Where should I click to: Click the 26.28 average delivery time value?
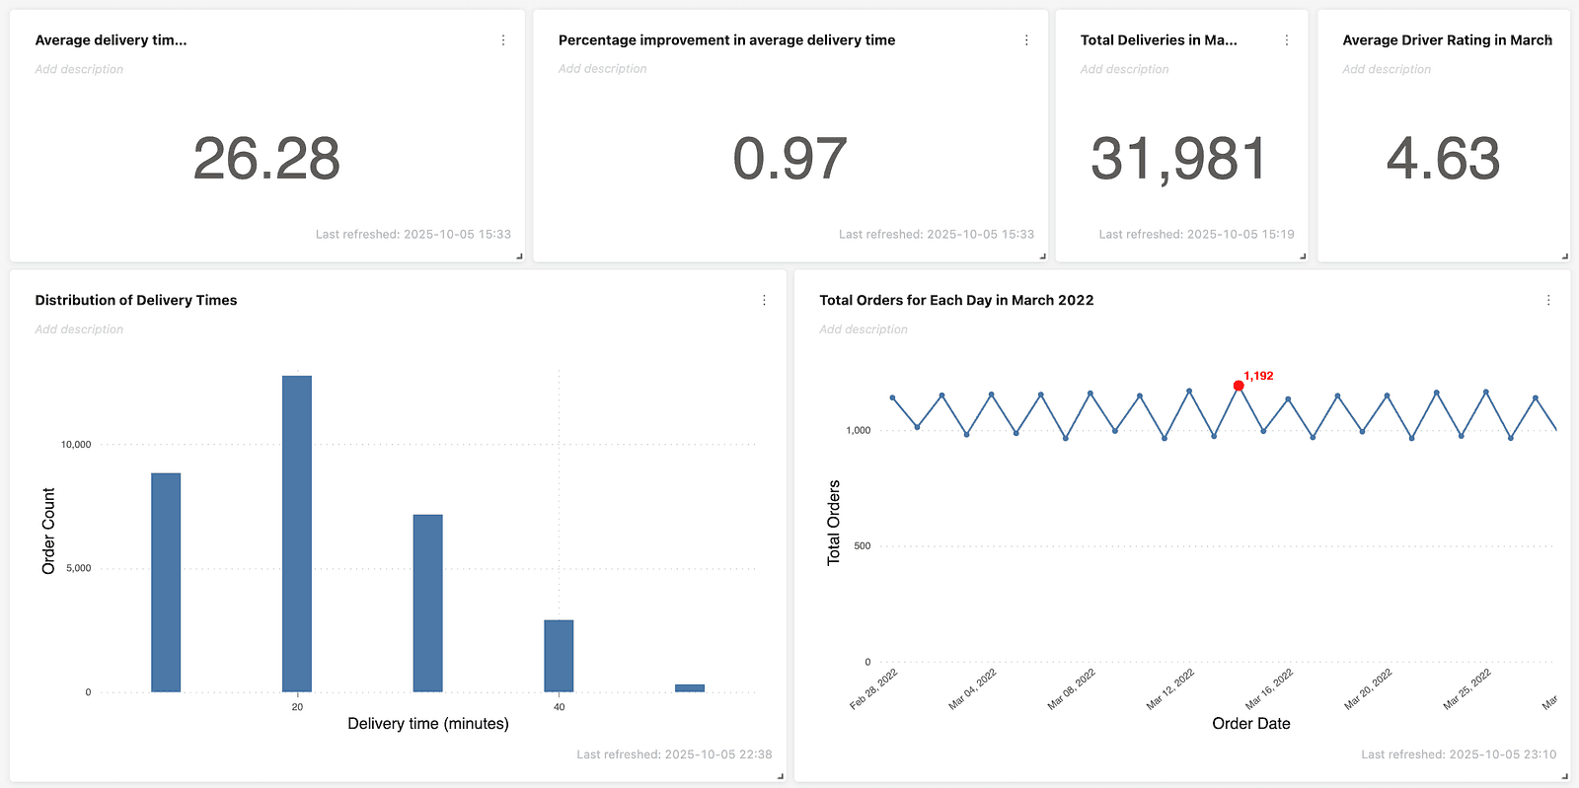point(266,159)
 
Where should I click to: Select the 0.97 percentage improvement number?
point(789,159)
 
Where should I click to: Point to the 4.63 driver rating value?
point(1443,159)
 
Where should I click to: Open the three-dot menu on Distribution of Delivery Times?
point(764,301)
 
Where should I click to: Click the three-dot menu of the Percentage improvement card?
point(1026,40)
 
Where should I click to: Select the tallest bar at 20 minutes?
point(297,534)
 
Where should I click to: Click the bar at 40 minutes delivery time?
point(559,656)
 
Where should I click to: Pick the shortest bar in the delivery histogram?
point(690,688)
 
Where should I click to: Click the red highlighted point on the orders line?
point(1239,386)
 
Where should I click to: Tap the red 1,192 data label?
point(1258,376)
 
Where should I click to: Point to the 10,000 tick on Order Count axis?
point(76,445)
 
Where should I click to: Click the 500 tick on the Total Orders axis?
point(862,545)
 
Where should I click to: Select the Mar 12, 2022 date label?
point(1170,688)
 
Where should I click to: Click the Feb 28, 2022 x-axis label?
point(873,688)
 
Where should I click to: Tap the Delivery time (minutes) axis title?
point(428,724)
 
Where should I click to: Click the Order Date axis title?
point(1251,724)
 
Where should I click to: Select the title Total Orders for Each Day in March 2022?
point(956,300)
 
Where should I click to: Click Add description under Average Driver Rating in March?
point(1386,69)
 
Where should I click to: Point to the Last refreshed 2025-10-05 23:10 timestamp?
point(1459,754)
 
